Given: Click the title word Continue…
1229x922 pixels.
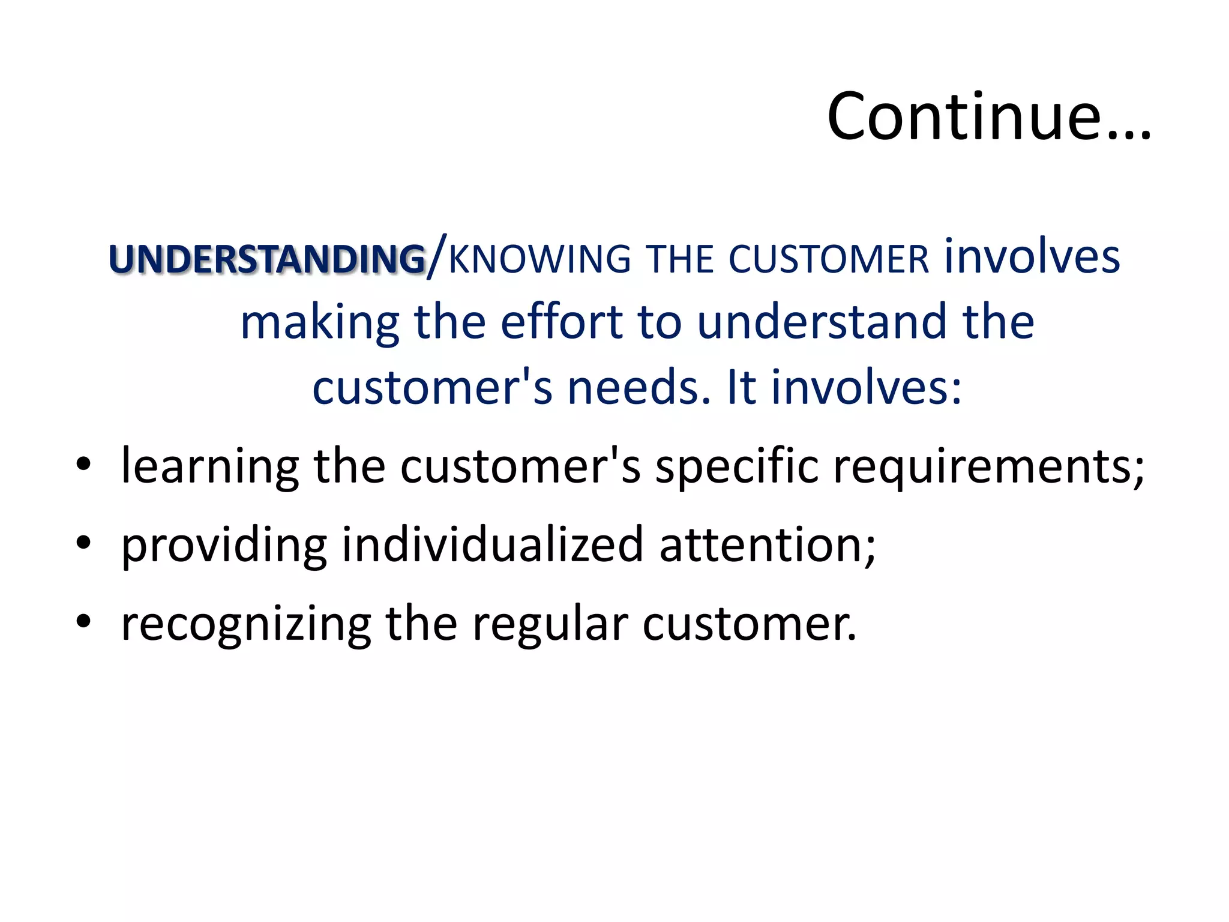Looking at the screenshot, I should [x=988, y=116].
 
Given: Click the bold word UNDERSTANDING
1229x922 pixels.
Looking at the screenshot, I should [x=267, y=259].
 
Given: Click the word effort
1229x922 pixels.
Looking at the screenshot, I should [x=562, y=322].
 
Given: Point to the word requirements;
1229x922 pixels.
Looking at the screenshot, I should [x=989, y=467].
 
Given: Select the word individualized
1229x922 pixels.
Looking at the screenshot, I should [x=493, y=545].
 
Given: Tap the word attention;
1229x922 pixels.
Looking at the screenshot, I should [x=768, y=545].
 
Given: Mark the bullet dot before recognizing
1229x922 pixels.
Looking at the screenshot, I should [x=83, y=621].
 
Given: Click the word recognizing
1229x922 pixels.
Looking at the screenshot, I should [x=246, y=624].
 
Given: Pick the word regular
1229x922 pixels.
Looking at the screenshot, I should [x=550, y=624].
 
